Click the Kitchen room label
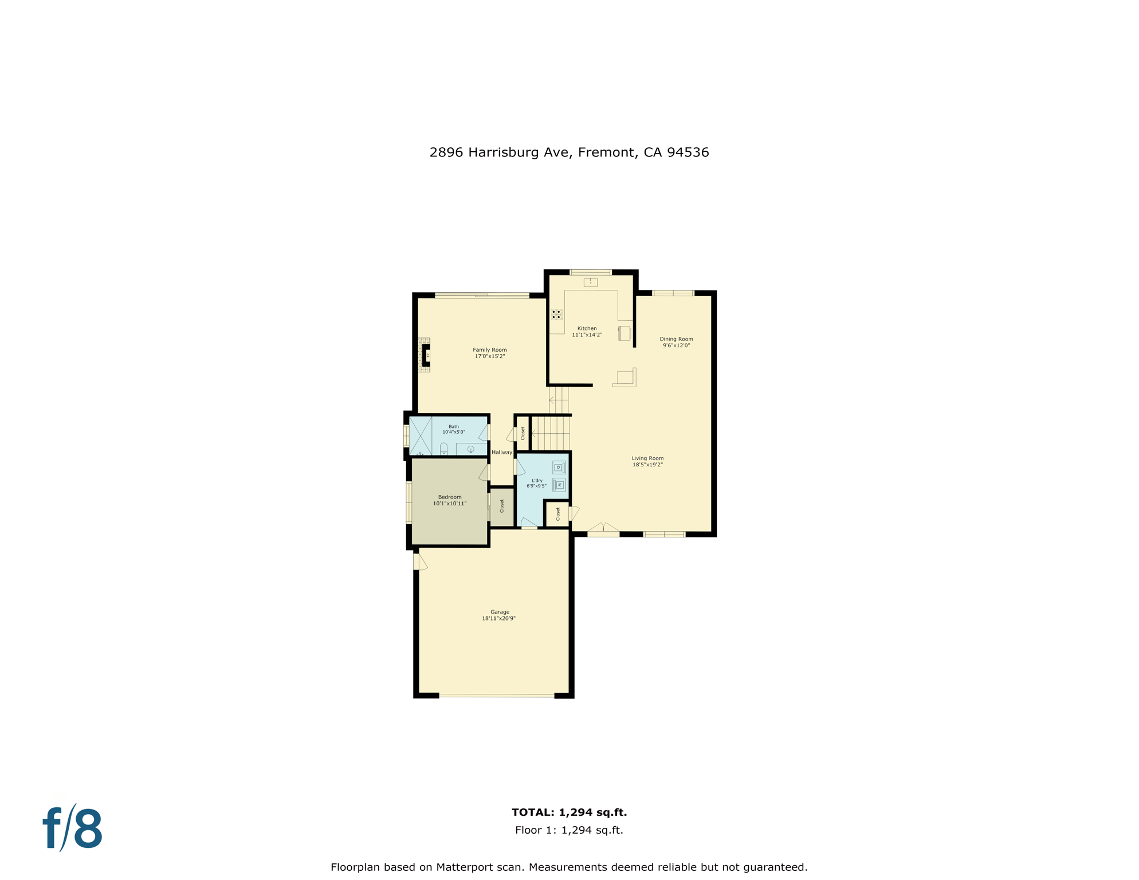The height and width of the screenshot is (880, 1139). [587, 328]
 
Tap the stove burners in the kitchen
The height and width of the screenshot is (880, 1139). [556, 314]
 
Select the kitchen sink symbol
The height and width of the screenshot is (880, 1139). [590, 282]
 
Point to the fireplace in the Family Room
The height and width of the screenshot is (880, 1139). [426, 355]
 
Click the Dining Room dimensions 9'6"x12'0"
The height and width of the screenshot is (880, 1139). [676, 345]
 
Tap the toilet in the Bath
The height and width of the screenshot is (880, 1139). [443, 449]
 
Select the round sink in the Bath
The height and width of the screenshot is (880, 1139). [470, 449]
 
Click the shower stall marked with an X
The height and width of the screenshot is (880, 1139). [420, 436]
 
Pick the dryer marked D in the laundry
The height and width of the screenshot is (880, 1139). [559, 467]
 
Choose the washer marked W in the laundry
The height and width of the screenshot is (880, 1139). [559, 485]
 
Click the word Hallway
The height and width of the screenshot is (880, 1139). [502, 452]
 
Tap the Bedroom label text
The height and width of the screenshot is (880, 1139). [450, 497]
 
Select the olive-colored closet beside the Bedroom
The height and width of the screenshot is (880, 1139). [502, 506]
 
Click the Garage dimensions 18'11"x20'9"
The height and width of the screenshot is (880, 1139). [498, 618]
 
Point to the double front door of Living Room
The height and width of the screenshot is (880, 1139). [603, 529]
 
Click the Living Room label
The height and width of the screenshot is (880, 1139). [647, 458]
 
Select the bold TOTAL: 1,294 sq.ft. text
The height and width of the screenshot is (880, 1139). [569, 812]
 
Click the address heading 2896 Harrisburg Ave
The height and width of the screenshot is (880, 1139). [569, 152]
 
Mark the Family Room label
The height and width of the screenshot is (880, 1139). [489, 349]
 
